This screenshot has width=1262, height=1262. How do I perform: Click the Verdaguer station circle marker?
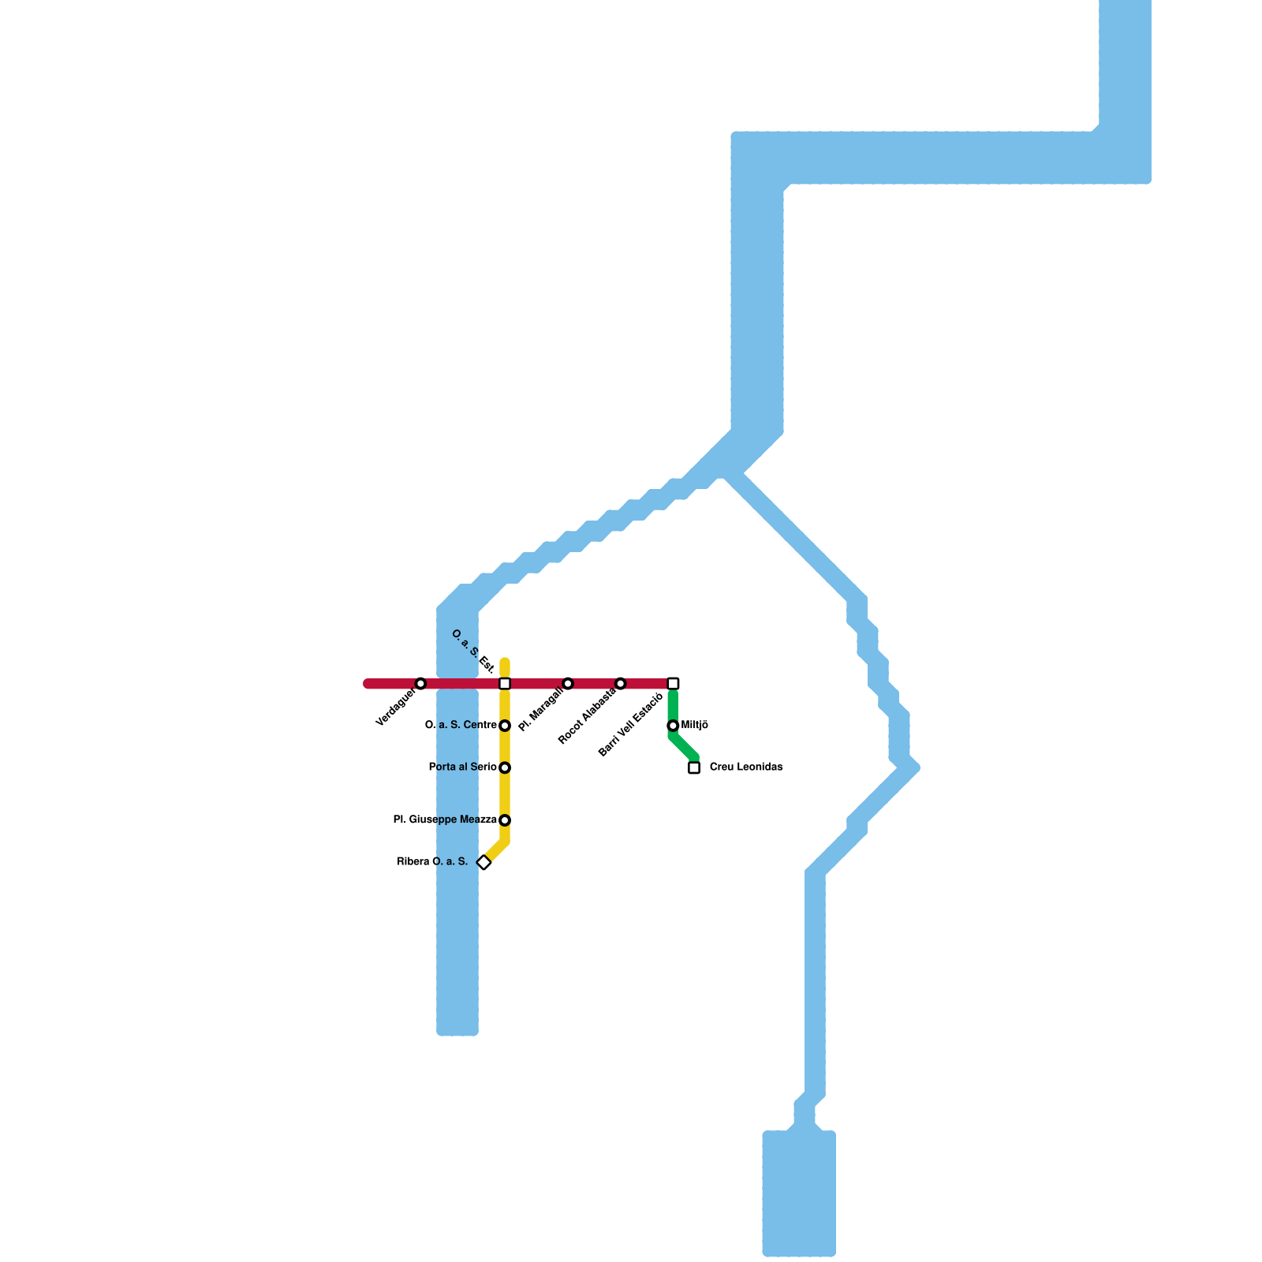[x=420, y=683]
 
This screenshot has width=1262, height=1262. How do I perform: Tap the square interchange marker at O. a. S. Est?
[x=505, y=683]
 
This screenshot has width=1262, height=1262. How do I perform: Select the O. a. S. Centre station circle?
[x=505, y=726]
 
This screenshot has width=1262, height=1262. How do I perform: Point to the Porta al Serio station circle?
[x=505, y=767]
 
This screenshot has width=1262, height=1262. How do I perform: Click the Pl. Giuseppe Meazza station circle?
[x=505, y=820]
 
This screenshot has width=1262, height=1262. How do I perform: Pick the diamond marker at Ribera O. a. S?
[x=484, y=862]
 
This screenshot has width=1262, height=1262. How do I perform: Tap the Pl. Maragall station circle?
[x=568, y=683]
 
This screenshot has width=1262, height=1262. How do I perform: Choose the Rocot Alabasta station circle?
[x=621, y=683]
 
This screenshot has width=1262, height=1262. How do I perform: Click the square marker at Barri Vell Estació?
[x=673, y=683]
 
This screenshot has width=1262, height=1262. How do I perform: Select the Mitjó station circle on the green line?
[x=673, y=726]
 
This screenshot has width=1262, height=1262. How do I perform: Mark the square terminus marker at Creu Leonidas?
[x=694, y=767]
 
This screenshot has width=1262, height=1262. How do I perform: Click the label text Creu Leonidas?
[x=746, y=767]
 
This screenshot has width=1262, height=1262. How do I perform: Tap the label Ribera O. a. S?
[x=432, y=862]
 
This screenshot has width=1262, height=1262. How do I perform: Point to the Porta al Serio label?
[x=462, y=767]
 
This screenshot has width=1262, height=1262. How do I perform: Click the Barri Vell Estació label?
[x=630, y=725]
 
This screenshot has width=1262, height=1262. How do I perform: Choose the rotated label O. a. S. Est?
[x=472, y=652]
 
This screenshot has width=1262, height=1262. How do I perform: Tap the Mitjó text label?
[x=695, y=726]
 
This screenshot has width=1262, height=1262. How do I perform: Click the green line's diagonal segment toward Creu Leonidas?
[x=684, y=747]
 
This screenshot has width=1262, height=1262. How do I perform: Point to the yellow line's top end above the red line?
[x=505, y=663]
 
